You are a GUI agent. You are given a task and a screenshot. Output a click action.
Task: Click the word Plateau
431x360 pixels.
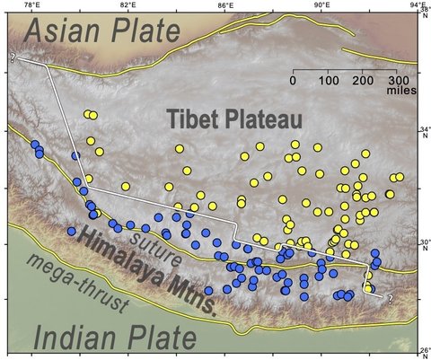click(260, 119)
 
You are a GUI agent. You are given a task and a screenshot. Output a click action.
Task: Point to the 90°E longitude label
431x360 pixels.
click(322, 6)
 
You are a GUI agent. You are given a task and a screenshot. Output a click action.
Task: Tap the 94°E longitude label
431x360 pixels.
click(417, 6)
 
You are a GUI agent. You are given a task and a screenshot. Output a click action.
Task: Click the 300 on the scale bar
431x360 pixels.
click(394, 80)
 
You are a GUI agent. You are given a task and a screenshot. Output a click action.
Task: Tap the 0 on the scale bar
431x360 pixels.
click(293, 80)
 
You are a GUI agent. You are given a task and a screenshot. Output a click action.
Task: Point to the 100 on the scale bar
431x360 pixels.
click(327, 80)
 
